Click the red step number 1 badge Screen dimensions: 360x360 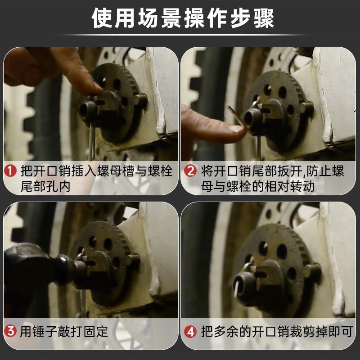tap(10, 171)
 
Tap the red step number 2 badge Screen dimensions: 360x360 tap(190, 171)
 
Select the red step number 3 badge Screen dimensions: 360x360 tap(10, 331)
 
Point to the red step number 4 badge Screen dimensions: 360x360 tap(190, 331)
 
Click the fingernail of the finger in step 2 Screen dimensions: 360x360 tap(237, 129)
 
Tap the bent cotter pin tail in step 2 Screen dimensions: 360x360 tap(237, 117)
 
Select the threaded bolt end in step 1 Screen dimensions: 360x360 tap(87, 111)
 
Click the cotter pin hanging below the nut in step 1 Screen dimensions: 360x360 tap(92, 142)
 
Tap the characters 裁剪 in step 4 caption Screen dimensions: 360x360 tap(296, 331)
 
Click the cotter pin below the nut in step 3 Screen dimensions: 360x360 tap(84, 302)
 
